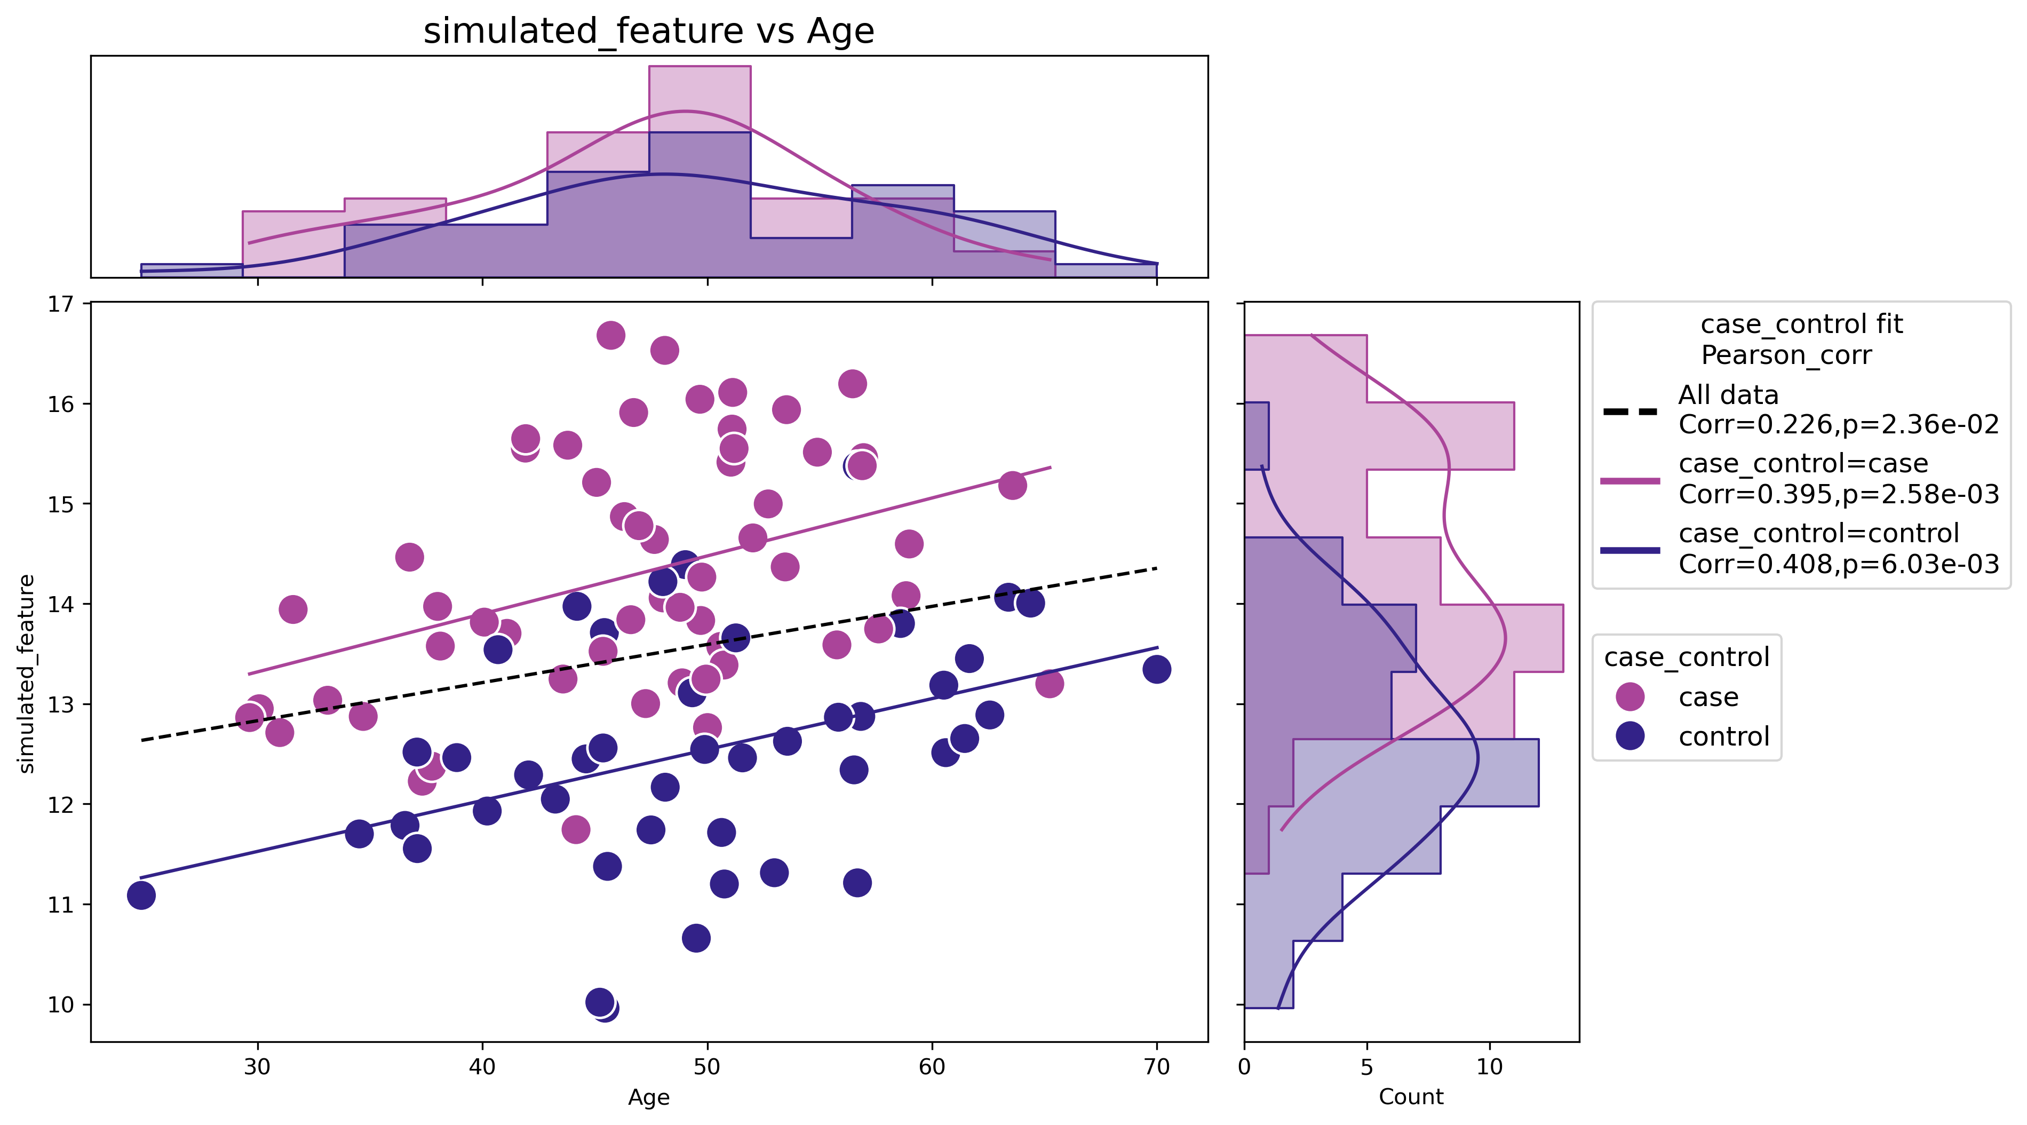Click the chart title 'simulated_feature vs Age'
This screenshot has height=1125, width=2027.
click(x=648, y=31)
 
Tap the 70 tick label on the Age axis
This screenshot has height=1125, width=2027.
click(x=1156, y=1067)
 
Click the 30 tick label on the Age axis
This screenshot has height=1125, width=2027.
click(x=257, y=1067)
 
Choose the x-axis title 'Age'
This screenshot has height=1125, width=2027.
click(x=648, y=1097)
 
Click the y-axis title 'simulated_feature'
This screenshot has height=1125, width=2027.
click(x=27, y=674)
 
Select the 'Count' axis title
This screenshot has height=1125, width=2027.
click(x=1411, y=1097)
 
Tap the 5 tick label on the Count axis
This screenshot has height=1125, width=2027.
click(x=1367, y=1067)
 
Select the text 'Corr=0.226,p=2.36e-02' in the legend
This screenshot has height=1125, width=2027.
click(x=1838, y=425)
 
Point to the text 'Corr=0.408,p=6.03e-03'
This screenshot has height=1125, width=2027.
click(x=1838, y=564)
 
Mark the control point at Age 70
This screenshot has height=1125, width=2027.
click(x=1156, y=670)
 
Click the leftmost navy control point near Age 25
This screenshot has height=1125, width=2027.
click(x=141, y=895)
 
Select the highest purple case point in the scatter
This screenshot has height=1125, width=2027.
click(x=610, y=335)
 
